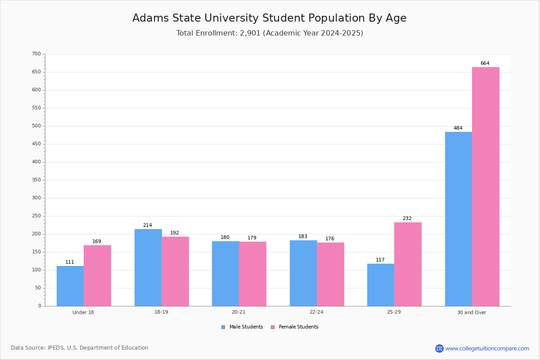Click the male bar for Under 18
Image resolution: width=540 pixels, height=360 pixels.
(x=70, y=286)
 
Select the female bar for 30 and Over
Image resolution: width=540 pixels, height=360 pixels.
(x=486, y=187)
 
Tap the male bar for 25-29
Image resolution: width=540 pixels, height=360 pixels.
(x=381, y=285)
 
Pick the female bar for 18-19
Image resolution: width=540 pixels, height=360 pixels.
(x=175, y=271)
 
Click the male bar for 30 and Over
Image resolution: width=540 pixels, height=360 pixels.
(x=459, y=219)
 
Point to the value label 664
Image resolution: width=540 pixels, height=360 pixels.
(x=485, y=63)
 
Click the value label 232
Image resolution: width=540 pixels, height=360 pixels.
(x=407, y=218)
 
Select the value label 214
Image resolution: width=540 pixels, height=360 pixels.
(x=148, y=225)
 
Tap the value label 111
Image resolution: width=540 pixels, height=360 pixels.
(x=70, y=262)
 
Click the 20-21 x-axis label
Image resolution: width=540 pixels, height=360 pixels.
(x=238, y=312)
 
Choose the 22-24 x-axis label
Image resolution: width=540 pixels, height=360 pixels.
(x=316, y=312)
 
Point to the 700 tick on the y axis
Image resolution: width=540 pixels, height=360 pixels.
(x=36, y=54)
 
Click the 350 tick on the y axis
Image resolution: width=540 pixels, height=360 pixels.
(x=36, y=180)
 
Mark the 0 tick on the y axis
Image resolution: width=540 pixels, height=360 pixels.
(x=40, y=306)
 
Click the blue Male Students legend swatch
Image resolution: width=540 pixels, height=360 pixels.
(x=223, y=327)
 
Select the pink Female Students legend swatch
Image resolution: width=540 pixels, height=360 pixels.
(x=273, y=327)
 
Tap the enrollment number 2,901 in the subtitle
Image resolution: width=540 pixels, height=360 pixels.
(x=250, y=33)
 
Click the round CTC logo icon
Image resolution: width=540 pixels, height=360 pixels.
(x=439, y=348)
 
